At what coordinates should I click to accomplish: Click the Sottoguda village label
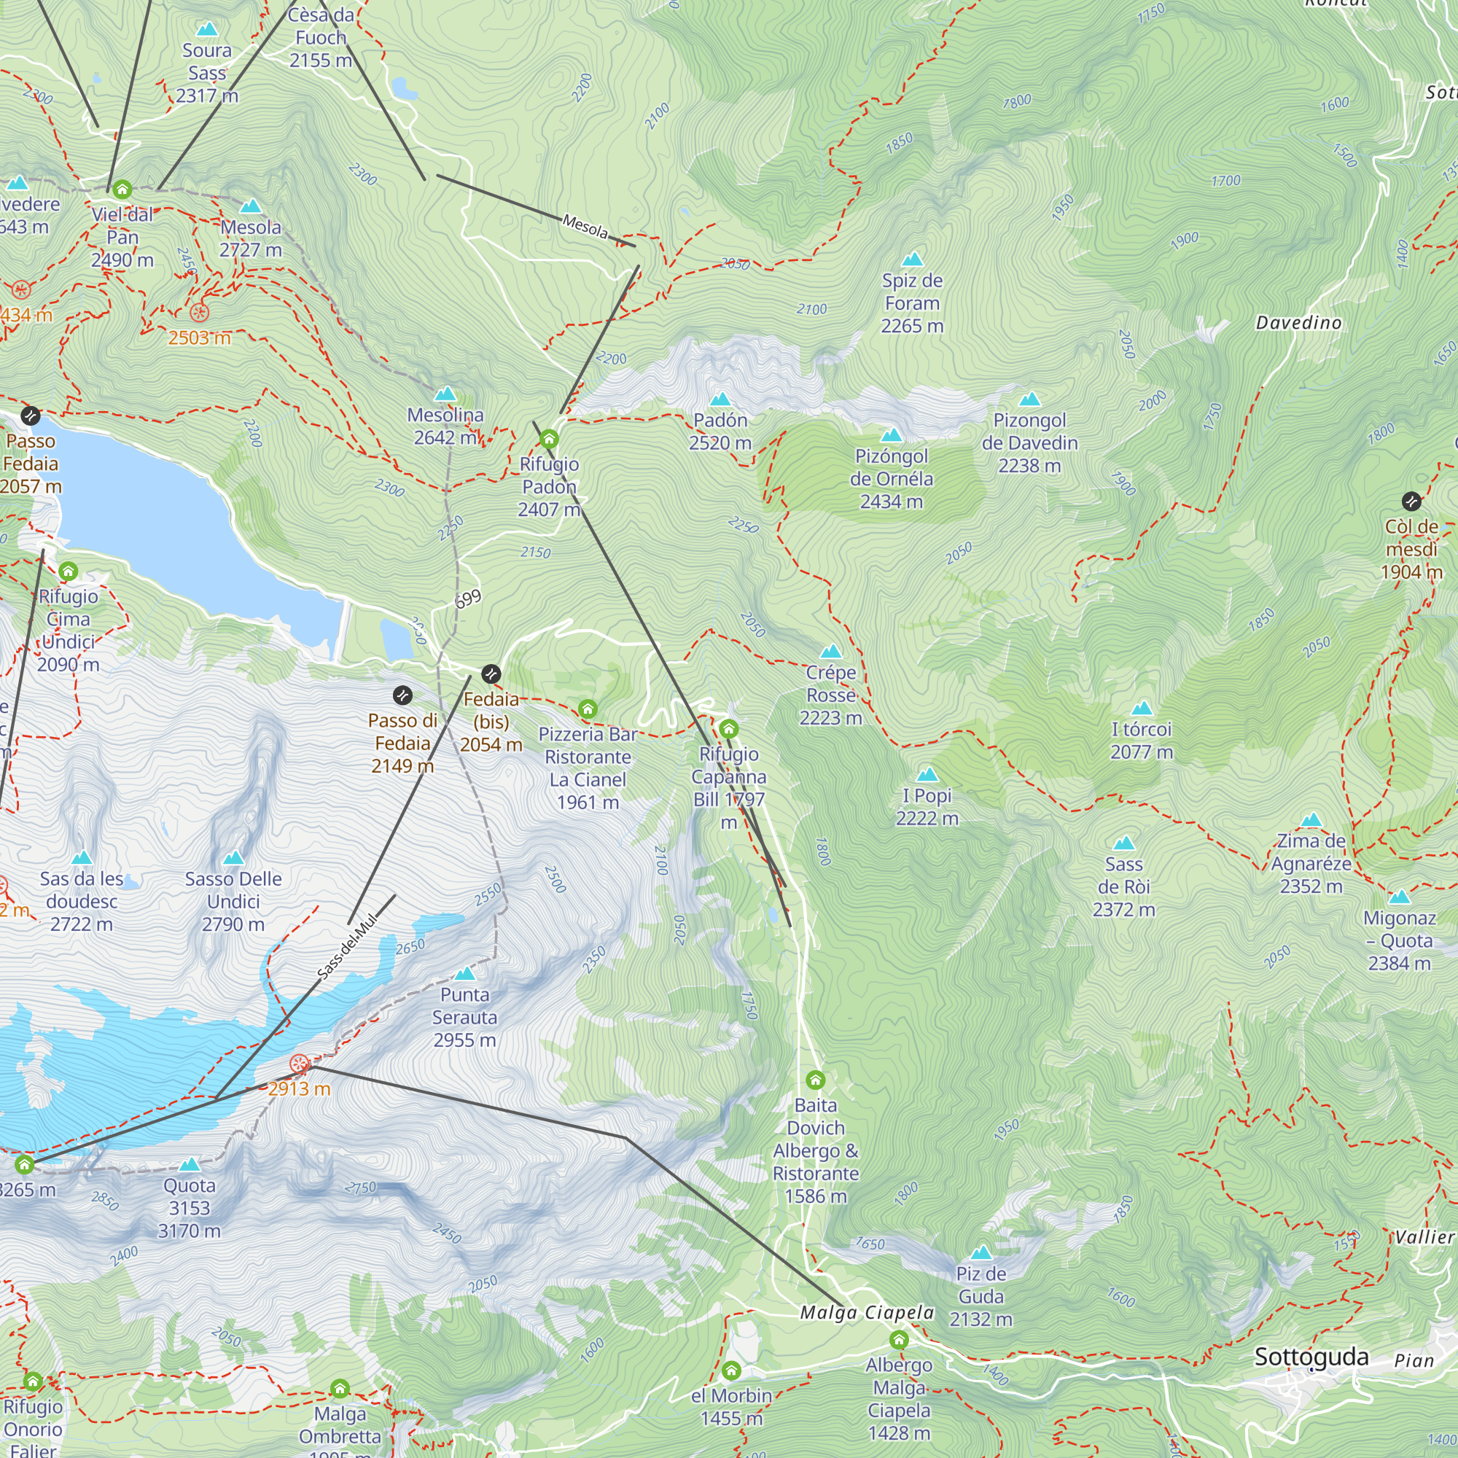click(1311, 1357)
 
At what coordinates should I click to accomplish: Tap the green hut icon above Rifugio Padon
click(550, 438)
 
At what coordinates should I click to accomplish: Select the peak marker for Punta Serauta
click(465, 972)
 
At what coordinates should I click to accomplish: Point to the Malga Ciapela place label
click(866, 1312)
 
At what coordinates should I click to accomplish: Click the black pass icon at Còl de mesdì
click(1411, 501)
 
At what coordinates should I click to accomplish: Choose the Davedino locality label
click(1298, 323)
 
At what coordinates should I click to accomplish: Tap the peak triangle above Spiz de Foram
click(913, 260)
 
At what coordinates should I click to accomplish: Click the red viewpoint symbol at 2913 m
click(300, 1064)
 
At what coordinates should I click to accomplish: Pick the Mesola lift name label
click(585, 226)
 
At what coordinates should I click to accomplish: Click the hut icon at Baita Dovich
click(815, 1080)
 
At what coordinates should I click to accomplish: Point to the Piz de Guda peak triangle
click(981, 1253)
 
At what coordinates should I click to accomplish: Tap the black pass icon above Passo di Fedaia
click(403, 695)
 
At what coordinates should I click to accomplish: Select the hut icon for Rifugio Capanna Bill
click(728, 729)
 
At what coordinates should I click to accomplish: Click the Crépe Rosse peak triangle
click(830, 651)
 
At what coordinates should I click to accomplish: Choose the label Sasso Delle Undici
click(233, 901)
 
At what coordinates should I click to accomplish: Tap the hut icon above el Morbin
click(730, 1371)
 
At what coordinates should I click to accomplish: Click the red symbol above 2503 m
click(199, 313)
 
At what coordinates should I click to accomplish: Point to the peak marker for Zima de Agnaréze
click(1311, 820)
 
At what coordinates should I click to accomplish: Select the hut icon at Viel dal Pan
click(122, 190)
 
